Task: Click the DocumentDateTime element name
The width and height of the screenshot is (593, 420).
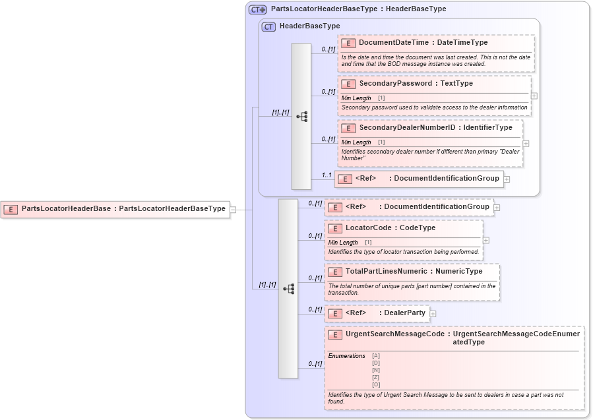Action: click(393, 43)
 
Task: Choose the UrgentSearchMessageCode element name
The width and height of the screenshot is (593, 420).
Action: click(394, 334)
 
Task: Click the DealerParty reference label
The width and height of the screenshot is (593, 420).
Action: click(406, 313)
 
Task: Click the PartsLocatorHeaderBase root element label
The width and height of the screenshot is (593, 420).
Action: click(66, 209)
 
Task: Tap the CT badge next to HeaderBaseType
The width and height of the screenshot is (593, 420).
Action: click(268, 26)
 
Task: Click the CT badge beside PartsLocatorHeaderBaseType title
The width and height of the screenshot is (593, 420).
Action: click(257, 9)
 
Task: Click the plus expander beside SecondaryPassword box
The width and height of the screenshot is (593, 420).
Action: click(534, 96)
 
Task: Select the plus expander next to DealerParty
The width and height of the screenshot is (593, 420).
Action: click(433, 314)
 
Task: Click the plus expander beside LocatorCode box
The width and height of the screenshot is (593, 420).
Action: click(485, 240)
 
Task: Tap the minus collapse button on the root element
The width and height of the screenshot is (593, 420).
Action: click(233, 210)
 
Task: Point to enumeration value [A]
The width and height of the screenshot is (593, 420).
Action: click(376, 356)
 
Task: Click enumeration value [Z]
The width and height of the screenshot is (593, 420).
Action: click(376, 377)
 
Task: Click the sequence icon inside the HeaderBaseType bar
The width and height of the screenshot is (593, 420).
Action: click(302, 117)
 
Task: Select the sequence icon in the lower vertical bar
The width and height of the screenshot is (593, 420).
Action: click(288, 289)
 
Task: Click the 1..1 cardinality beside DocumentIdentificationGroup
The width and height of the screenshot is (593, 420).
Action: click(327, 175)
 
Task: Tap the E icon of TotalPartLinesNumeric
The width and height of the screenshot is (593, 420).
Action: click(335, 272)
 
